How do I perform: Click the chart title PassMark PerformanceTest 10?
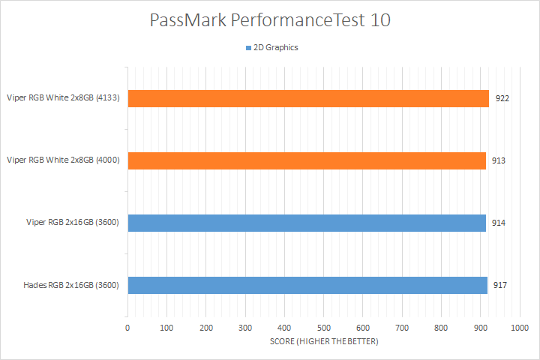270,20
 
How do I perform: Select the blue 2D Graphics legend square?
248,48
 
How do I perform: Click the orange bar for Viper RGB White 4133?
308,98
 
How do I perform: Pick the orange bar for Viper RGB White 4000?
307,160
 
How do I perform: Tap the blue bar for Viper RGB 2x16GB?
307,223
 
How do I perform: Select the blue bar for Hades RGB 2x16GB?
307,285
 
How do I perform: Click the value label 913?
499,160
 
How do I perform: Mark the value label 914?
499,223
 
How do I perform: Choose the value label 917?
500,285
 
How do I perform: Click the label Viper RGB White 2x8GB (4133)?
64,98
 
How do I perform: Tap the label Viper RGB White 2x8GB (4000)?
64,160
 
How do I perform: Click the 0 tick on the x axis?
127,328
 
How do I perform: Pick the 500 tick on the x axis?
323,328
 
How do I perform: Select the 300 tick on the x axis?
245,328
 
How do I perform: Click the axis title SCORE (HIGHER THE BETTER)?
323,342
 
